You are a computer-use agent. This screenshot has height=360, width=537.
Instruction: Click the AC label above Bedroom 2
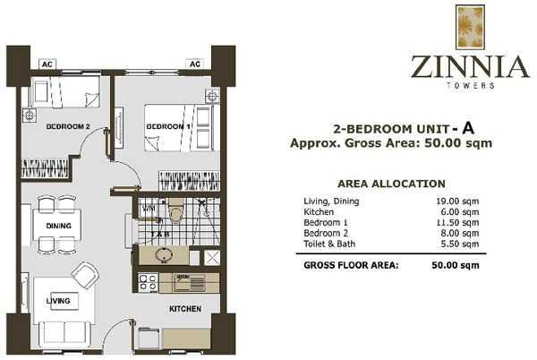[47, 64]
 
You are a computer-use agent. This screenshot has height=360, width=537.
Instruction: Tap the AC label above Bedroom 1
[195, 64]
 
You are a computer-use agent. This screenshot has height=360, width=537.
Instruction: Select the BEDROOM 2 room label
[68, 127]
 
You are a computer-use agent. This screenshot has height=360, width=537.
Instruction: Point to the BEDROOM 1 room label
[168, 127]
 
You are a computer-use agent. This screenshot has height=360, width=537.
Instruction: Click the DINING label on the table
[58, 226]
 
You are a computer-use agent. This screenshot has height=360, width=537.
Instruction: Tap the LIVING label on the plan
[58, 301]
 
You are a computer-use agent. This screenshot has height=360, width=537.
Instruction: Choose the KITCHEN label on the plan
[185, 309]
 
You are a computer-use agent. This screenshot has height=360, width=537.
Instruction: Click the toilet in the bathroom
[176, 210]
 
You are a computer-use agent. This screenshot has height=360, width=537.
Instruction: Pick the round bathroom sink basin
[164, 255]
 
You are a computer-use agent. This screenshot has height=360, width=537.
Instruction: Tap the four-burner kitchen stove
[148, 283]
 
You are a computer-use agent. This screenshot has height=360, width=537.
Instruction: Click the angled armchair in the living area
[85, 275]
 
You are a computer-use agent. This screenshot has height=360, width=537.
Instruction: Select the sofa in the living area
[64, 334]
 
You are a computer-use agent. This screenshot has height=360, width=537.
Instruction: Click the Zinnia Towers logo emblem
[470, 28]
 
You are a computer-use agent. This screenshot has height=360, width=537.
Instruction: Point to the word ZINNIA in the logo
[470, 67]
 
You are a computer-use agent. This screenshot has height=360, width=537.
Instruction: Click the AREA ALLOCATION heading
[391, 184]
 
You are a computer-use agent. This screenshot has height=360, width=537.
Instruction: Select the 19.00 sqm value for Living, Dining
[457, 201]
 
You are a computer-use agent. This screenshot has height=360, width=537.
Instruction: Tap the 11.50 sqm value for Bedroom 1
[457, 223]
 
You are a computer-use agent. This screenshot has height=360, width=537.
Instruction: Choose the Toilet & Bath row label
[329, 244]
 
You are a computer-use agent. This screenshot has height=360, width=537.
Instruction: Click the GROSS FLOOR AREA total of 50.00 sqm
[456, 265]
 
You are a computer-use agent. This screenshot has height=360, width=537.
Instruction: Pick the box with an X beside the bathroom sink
[212, 257]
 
